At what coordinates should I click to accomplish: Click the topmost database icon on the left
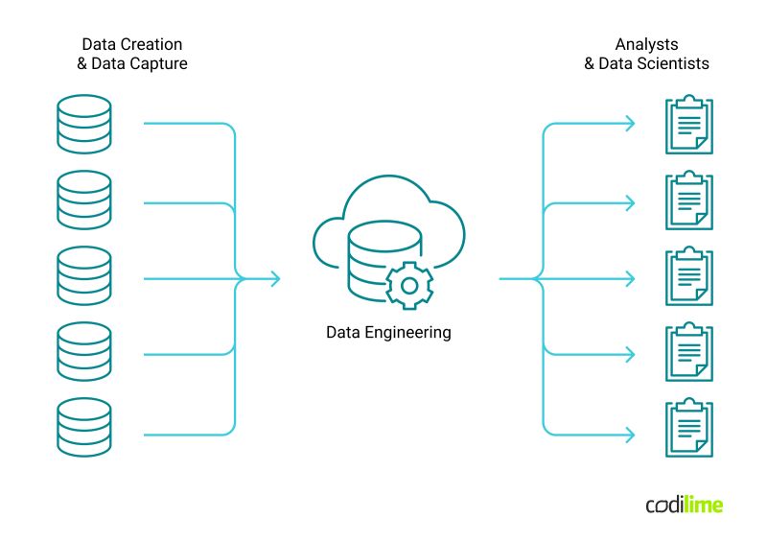[x=83, y=124]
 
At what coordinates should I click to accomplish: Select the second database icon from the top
[x=83, y=200]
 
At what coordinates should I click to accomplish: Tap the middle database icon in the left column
[x=83, y=276]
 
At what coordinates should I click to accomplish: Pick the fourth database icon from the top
[x=83, y=352]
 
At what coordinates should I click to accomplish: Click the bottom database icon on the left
[x=83, y=428]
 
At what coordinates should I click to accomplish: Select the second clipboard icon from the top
[x=689, y=200]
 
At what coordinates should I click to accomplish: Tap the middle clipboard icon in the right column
[x=689, y=277]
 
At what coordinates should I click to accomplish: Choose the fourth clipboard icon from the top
[x=689, y=353]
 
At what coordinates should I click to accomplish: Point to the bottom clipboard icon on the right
[x=689, y=429]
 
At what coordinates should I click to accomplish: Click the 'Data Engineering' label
[x=388, y=333]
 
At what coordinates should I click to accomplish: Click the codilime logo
[x=684, y=505]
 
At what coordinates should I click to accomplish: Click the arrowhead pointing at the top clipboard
[x=629, y=124]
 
